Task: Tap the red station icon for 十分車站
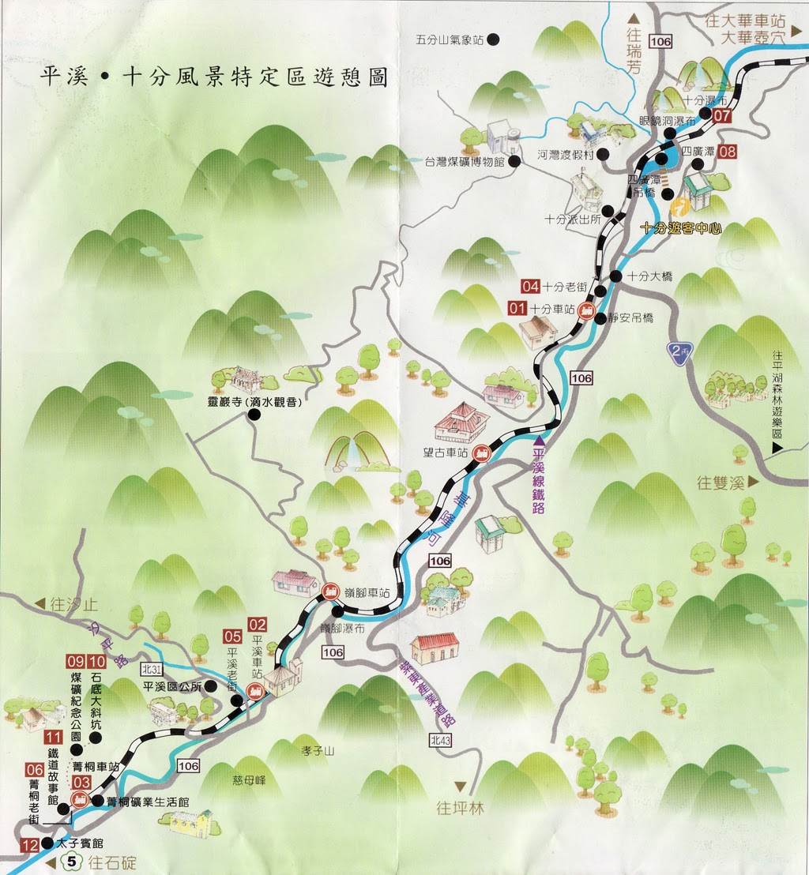click(x=586, y=310)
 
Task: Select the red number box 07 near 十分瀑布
click(x=721, y=115)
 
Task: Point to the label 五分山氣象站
click(x=454, y=39)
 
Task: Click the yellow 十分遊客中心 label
click(x=681, y=227)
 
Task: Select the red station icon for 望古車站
click(x=480, y=453)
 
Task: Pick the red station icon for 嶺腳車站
click(x=329, y=589)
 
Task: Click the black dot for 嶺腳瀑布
click(x=337, y=610)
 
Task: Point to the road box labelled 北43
click(x=442, y=740)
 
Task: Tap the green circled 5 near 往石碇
click(x=73, y=862)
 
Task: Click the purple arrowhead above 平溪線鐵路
click(x=540, y=440)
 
